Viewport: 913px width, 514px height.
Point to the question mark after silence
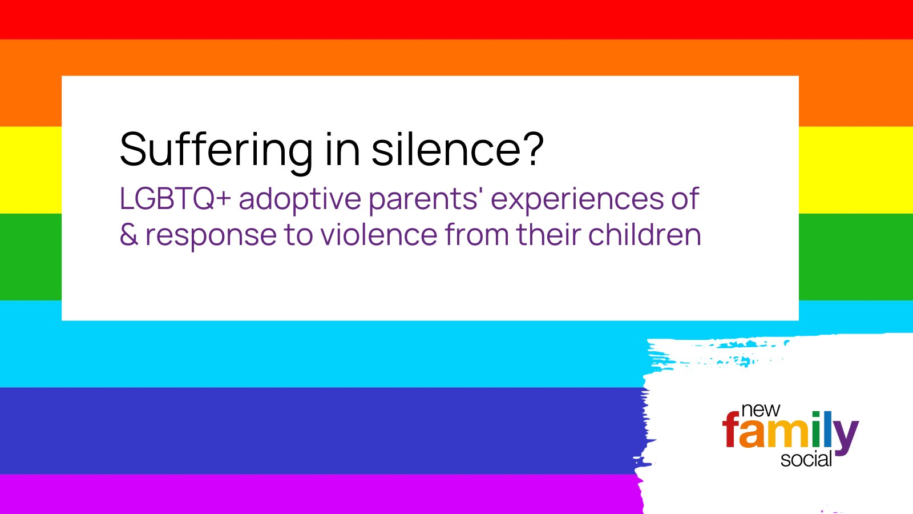tap(532, 149)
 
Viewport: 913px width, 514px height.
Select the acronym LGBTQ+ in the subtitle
tap(175, 199)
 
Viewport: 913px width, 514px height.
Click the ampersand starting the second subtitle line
tap(129, 235)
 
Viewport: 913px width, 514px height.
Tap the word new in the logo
tap(760, 410)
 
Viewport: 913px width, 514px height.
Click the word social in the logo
tap(806, 460)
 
